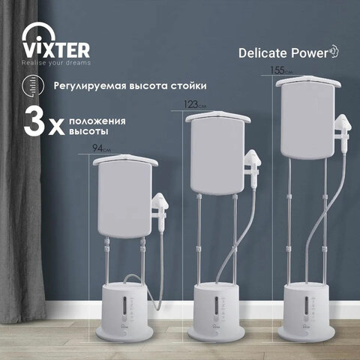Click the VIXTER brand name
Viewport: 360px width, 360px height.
point(56,50)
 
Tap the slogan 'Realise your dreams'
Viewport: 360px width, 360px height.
point(56,63)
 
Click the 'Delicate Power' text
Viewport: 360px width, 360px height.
point(283,53)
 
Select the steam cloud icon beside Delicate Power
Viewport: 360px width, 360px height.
point(334,51)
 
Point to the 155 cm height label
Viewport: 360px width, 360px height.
point(281,70)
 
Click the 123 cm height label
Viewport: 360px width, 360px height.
point(195,104)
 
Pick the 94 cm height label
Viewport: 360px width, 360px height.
point(101,148)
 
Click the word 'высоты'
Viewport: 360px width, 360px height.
point(88,131)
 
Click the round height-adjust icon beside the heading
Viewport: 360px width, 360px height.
point(33,86)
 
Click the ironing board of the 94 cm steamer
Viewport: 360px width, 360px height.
point(124,196)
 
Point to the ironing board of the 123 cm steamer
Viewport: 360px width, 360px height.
point(217,152)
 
